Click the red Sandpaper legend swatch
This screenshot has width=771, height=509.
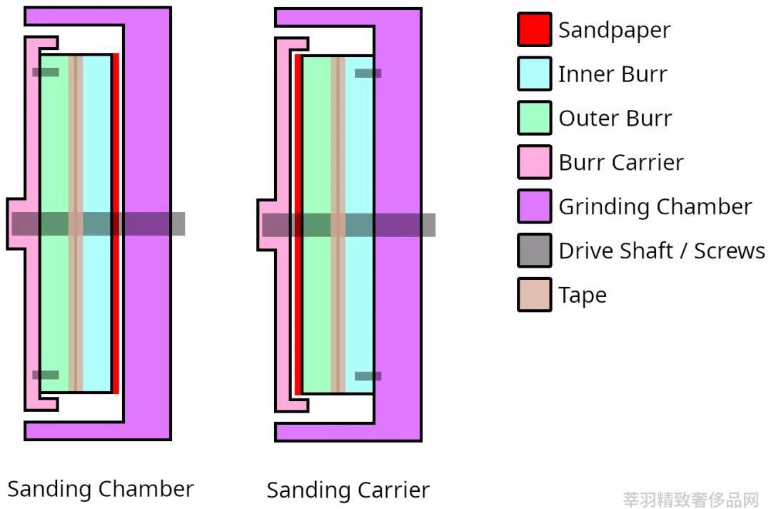tap(535, 29)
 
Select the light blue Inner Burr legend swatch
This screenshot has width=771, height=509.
tap(535, 74)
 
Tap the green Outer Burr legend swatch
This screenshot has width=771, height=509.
tap(535, 118)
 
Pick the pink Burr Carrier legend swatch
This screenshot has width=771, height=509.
tap(535, 162)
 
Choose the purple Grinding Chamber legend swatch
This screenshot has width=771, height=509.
tap(535, 206)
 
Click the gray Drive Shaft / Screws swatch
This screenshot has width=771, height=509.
tap(535, 251)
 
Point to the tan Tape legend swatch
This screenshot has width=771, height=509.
tap(535, 295)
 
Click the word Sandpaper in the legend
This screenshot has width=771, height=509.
tap(614, 31)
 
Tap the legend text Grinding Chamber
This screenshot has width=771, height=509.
tap(655, 207)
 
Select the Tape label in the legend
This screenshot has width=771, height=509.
tap(583, 296)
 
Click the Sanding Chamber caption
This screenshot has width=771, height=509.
tap(101, 489)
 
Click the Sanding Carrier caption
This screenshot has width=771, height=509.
tap(348, 490)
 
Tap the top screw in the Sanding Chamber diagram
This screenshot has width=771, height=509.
tap(46, 72)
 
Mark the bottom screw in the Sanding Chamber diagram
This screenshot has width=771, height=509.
tap(46, 375)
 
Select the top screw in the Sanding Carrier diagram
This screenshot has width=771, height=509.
tap(368, 74)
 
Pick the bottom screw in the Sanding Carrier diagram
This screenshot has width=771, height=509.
tap(368, 376)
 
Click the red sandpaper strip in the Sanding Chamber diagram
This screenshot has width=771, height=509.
tap(116, 223)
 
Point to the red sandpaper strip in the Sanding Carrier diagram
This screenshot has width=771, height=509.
tap(298, 225)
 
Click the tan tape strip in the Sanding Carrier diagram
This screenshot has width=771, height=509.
tap(338, 224)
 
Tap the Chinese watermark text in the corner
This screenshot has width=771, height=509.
tap(691, 500)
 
